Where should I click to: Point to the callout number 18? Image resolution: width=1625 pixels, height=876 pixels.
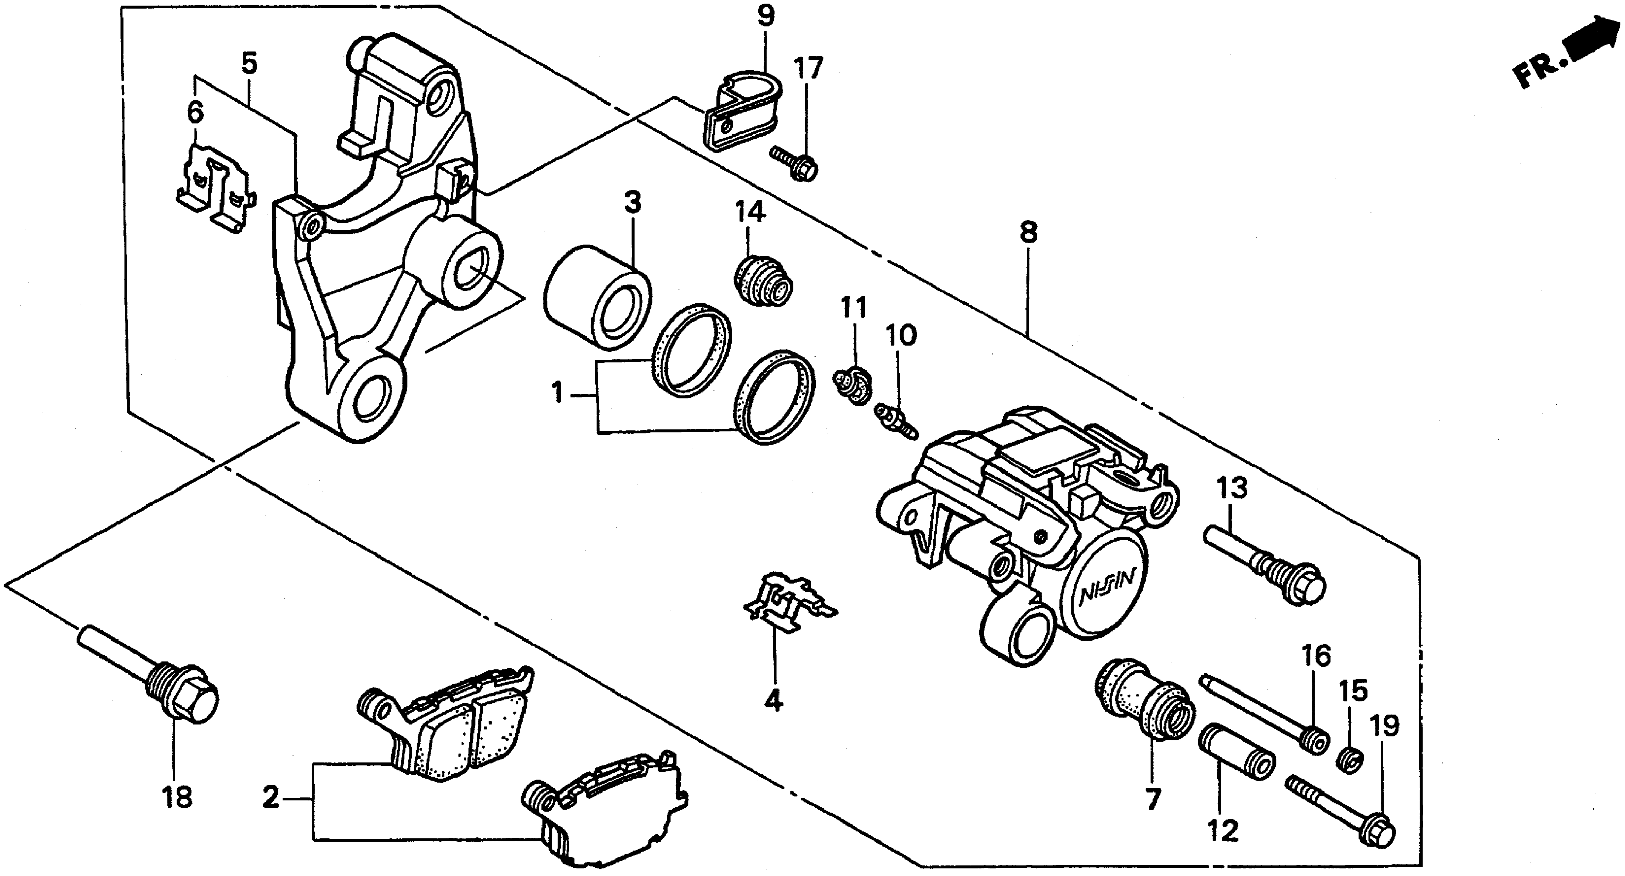177,798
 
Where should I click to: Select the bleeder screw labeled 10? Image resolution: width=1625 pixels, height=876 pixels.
896,421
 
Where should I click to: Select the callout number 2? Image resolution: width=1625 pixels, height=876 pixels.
270,798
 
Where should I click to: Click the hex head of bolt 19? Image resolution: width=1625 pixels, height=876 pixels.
1381,833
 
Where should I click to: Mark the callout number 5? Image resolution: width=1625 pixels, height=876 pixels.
250,63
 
